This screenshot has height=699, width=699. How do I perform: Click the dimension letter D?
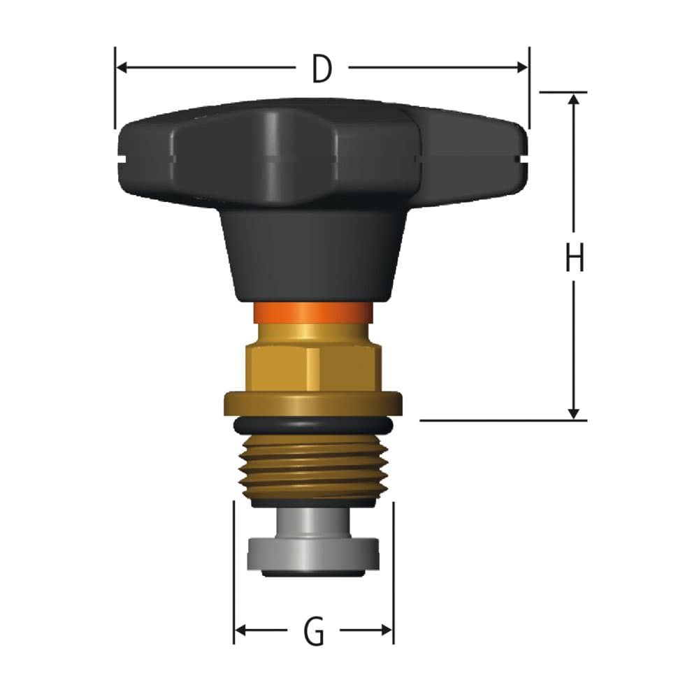(322, 69)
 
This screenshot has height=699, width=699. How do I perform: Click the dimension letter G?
(314, 632)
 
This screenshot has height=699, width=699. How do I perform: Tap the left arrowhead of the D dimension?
(122, 68)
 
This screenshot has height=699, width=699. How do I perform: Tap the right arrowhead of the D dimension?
(521, 68)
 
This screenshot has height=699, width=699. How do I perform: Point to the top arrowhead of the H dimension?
(574, 99)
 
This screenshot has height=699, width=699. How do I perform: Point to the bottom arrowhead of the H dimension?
(574, 414)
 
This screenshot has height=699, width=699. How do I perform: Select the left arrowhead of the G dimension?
(240, 630)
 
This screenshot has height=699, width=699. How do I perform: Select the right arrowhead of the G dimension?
(387, 630)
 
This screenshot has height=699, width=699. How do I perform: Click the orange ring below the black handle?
(312, 312)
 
